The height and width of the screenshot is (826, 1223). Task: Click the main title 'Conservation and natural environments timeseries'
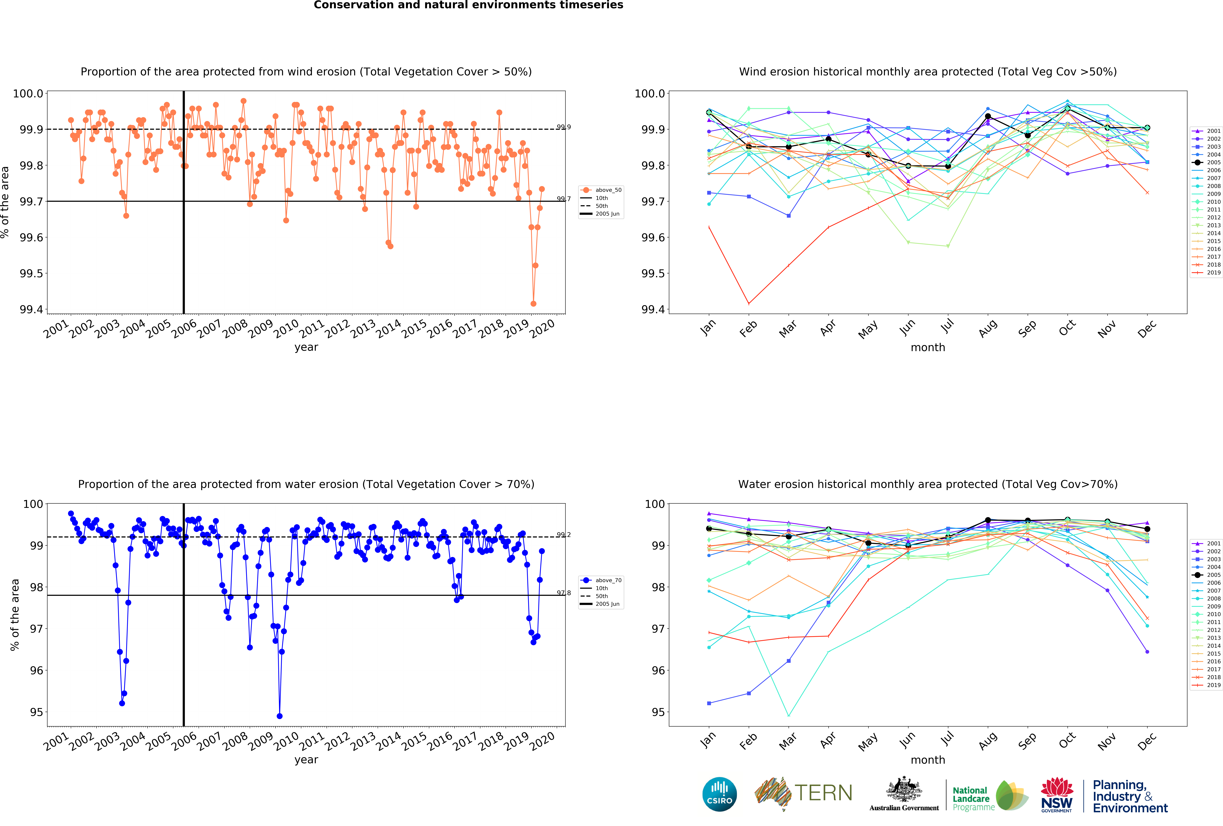468,5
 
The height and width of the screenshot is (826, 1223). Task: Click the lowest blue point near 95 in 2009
279,716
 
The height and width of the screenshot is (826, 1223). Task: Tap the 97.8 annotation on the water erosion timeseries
564,593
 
